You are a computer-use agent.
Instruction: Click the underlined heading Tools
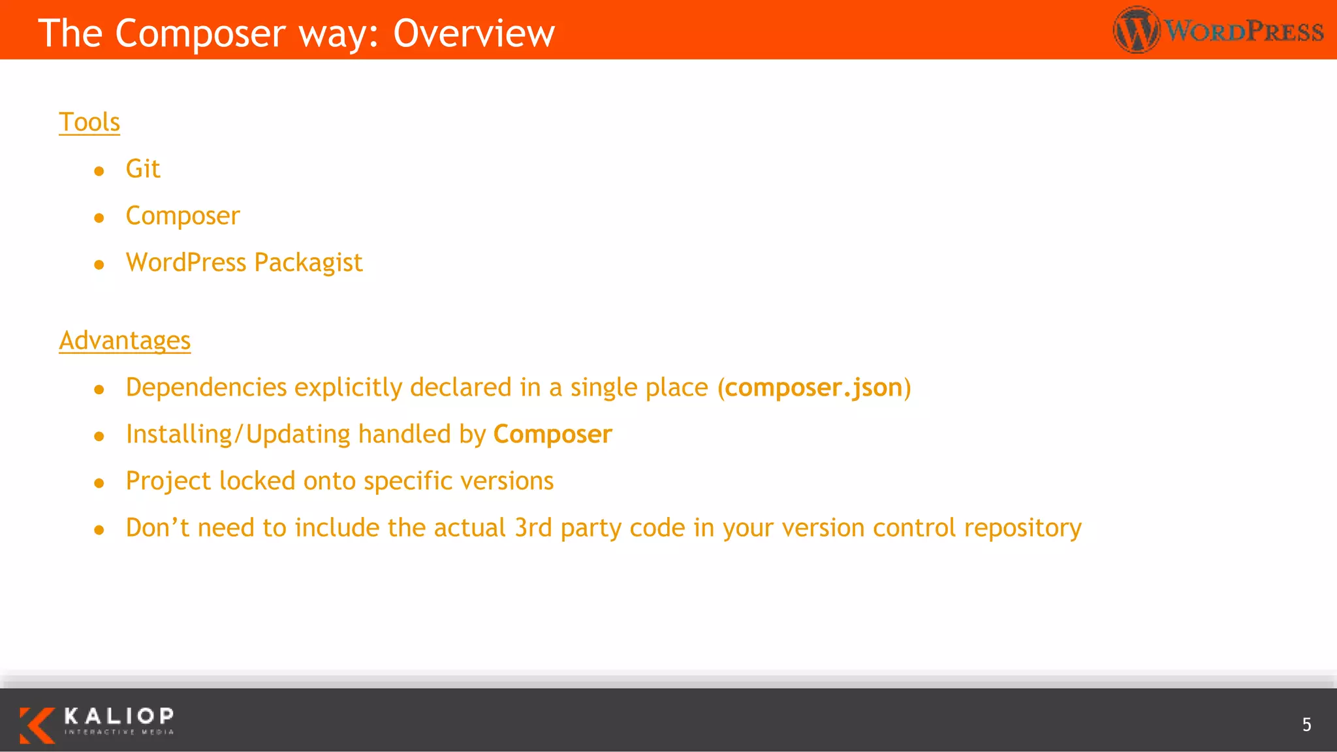pyautogui.click(x=89, y=122)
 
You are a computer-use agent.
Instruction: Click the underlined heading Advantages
pyautogui.click(x=125, y=341)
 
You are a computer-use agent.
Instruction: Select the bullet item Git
pyautogui.click(x=142, y=169)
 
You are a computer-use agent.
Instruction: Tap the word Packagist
pyautogui.click(x=308, y=263)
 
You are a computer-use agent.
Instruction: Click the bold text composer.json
pyautogui.click(x=813, y=388)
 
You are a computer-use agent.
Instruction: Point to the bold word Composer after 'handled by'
pyautogui.click(x=552, y=435)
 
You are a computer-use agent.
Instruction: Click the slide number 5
pyautogui.click(x=1306, y=725)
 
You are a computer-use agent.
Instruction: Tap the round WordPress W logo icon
pyautogui.click(x=1136, y=30)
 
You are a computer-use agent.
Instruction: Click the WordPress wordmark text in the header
pyautogui.click(x=1244, y=31)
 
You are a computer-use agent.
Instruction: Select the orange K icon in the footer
pyautogui.click(x=37, y=725)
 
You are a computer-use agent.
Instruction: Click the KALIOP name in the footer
pyautogui.click(x=119, y=716)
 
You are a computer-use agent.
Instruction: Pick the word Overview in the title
pyautogui.click(x=474, y=33)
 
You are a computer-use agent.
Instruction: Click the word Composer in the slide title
pyautogui.click(x=200, y=33)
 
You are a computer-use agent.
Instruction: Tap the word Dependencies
pyautogui.click(x=206, y=388)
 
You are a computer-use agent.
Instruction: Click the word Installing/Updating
pyautogui.click(x=238, y=435)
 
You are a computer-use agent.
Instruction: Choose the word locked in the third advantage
pyautogui.click(x=257, y=481)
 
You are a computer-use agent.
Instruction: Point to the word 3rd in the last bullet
pyautogui.click(x=533, y=527)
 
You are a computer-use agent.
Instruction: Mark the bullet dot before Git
pyautogui.click(x=99, y=171)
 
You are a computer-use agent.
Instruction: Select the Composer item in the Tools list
pyautogui.click(x=183, y=216)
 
